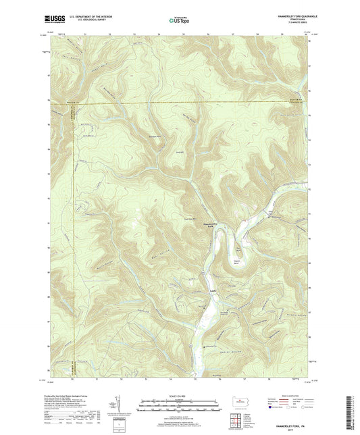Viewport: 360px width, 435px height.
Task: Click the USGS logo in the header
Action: (54, 18)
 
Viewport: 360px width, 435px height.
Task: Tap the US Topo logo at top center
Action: (178, 20)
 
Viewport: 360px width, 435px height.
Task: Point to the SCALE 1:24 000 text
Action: (180, 396)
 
